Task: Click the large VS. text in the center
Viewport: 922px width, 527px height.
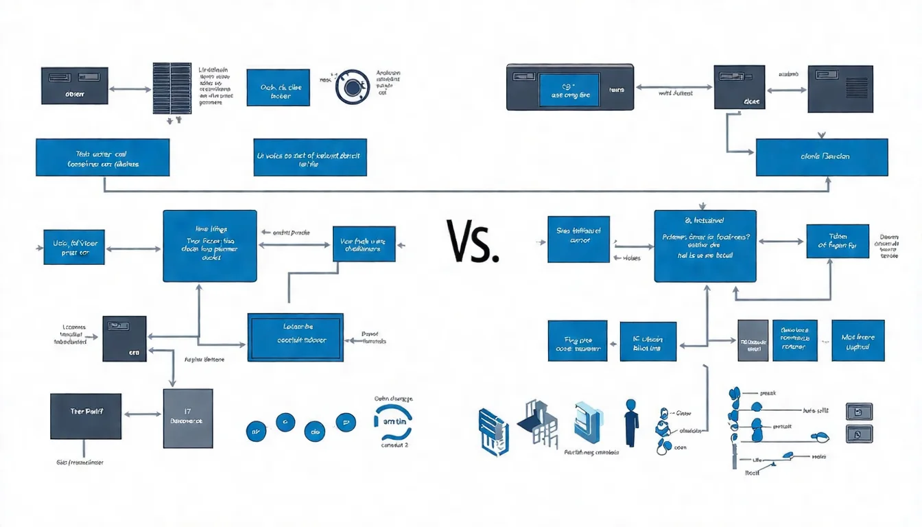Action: (x=472, y=242)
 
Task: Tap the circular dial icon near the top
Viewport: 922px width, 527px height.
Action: (x=353, y=87)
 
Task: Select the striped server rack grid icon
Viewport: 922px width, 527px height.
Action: (x=172, y=89)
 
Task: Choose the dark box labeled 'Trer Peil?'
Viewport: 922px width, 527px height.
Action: (x=86, y=417)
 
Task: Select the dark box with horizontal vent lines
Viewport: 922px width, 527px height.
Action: (x=840, y=89)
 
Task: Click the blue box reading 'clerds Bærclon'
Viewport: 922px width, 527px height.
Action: (x=822, y=157)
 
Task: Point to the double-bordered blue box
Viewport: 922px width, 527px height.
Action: (x=295, y=337)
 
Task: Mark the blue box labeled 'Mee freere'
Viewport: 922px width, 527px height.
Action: (x=858, y=340)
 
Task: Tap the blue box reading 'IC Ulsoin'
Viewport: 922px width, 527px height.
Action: (x=648, y=340)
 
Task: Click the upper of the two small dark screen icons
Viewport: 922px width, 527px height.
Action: (x=859, y=412)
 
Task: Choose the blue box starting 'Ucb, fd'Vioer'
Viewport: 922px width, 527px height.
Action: (x=73, y=247)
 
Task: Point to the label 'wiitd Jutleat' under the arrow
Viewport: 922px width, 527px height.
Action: (x=675, y=92)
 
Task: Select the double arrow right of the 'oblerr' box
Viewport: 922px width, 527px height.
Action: (x=129, y=89)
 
